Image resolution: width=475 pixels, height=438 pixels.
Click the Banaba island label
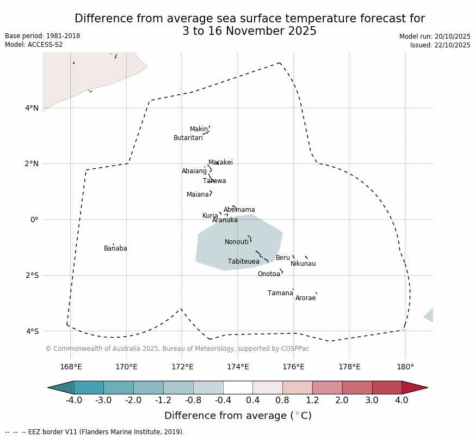(x=115, y=249)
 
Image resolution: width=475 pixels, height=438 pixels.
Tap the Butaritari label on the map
(x=188, y=138)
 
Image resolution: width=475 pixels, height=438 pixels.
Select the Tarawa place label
(x=214, y=181)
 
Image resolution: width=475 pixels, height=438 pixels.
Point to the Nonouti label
(x=237, y=242)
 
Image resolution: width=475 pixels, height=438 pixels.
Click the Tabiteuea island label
(x=243, y=262)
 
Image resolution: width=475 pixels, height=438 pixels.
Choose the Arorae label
(x=305, y=299)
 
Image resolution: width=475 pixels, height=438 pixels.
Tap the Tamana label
(x=280, y=294)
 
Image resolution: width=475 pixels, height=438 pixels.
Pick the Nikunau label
(x=303, y=264)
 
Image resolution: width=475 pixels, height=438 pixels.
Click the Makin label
(x=199, y=130)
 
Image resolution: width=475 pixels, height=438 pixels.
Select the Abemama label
(x=239, y=210)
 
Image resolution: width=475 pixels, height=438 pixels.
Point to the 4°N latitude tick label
(x=32, y=108)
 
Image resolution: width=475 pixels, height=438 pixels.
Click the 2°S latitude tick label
(x=32, y=276)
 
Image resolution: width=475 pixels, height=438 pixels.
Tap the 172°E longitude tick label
(x=182, y=367)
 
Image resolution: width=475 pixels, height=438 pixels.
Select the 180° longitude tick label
(x=405, y=367)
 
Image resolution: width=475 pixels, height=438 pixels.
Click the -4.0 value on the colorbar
(x=74, y=400)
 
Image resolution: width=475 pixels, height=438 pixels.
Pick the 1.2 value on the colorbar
(x=312, y=400)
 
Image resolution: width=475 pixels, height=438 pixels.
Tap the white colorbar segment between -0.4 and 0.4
(x=238, y=388)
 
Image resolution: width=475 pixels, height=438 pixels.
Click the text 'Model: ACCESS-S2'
(x=34, y=45)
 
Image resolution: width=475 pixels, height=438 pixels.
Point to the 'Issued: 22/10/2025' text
(x=440, y=46)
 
